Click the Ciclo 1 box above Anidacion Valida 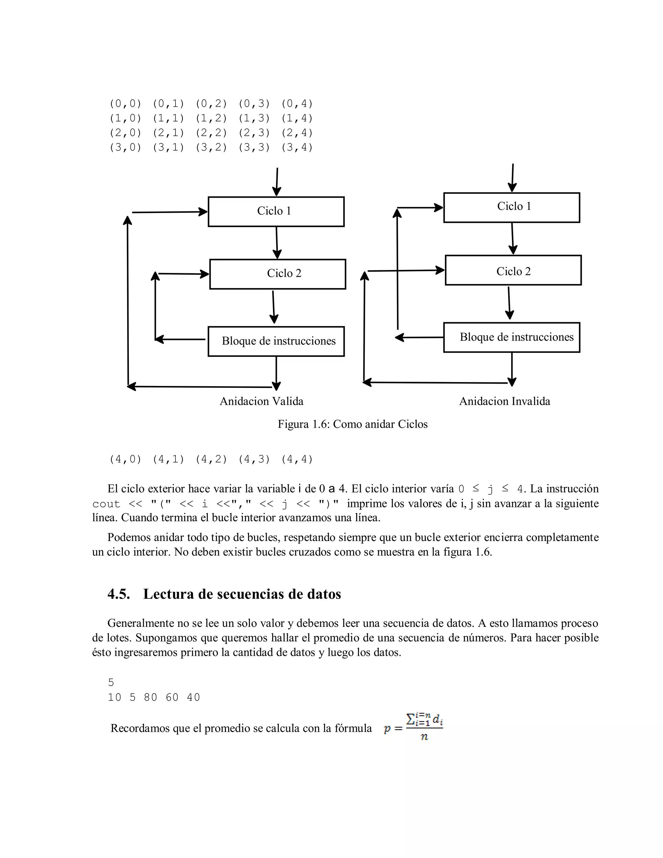coord(276,211)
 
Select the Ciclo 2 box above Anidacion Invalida coord(513,270)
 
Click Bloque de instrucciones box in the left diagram coord(276,341)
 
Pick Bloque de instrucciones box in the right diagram coord(511,337)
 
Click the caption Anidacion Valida coord(261,401)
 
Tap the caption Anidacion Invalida coord(504,401)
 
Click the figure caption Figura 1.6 coord(352,424)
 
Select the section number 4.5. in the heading coord(118,593)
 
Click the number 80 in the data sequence coord(151,697)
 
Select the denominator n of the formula coord(424,737)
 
